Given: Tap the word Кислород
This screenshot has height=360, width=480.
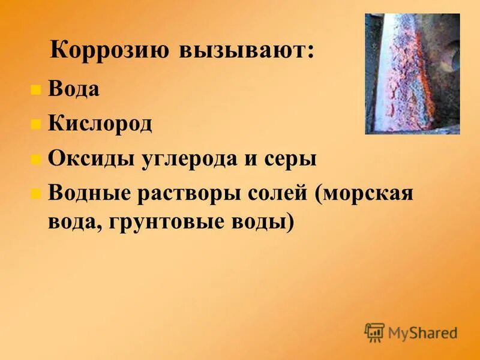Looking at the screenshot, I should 100,124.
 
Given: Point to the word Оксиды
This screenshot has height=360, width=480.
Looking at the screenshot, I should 93,159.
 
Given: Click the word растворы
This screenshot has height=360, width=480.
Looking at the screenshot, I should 191,195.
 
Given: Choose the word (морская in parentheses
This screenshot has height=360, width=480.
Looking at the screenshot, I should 368,195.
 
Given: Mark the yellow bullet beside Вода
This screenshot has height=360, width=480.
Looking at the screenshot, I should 36,90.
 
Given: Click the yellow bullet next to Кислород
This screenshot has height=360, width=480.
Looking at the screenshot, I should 36,125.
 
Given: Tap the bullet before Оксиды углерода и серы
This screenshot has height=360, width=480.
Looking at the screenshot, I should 36,160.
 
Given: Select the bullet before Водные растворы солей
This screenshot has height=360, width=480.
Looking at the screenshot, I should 36,194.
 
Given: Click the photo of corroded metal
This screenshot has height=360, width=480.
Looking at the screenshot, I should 412,74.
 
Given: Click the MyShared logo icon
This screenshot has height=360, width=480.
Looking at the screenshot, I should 375,331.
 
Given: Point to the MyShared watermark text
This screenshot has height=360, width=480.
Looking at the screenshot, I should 422,332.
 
